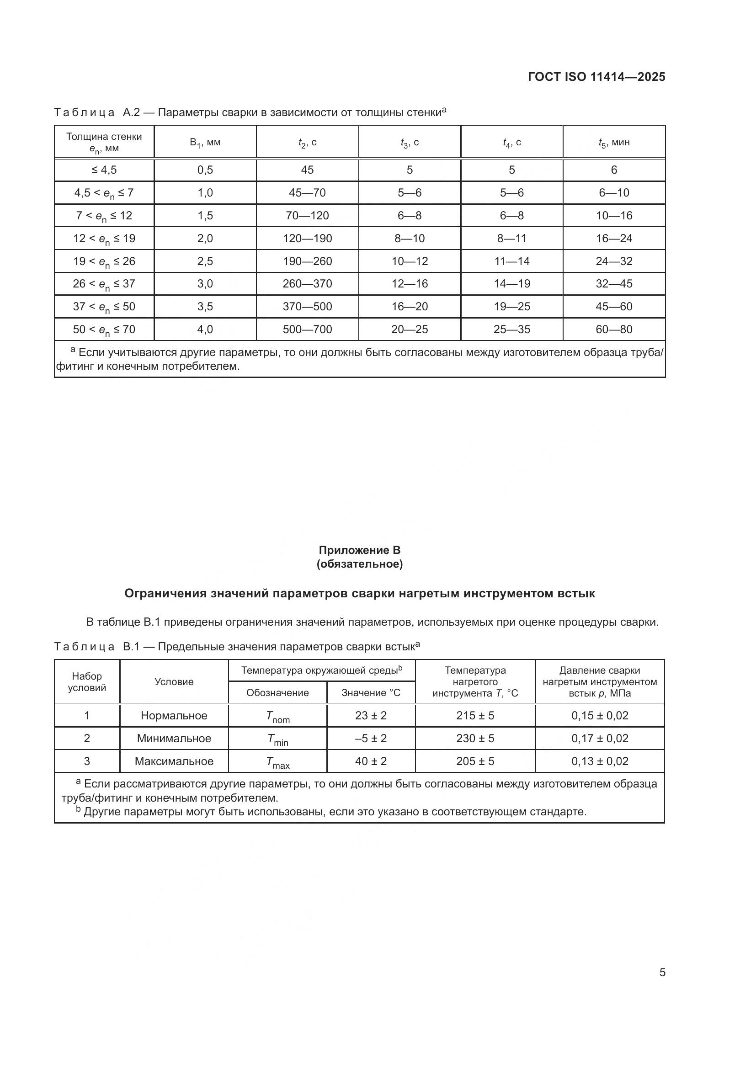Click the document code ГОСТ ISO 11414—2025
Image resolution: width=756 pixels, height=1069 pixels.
pyautogui.click(x=596, y=77)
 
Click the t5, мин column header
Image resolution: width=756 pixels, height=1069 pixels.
pyautogui.click(x=613, y=143)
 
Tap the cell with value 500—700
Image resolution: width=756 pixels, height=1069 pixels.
pyautogui.click(x=307, y=330)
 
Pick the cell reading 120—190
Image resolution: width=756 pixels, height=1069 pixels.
pyautogui.click(x=307, y=239)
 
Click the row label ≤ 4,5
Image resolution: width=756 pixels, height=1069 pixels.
pyautogui.click(x=104, y=170)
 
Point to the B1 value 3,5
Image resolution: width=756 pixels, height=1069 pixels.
pyautogui.click(x=205, y=307)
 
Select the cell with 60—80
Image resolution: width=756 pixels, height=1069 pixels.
pyautogui.click(x=613, y=330)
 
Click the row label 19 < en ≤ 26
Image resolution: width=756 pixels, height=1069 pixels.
pyautogui.click(x=104, y=262)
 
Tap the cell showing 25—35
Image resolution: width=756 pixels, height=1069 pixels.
pyautogui.click(x=511, y=330)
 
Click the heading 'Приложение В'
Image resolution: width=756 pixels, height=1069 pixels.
pyautogui.click(x=359, y=550)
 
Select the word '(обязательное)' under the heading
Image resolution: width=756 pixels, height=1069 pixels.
pyautogui.click(x=359, y=564)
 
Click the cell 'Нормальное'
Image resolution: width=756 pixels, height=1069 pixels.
pyautogui.click(x=174, y=716)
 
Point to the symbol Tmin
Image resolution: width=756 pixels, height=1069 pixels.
pyautogui.click(x=277, y=739)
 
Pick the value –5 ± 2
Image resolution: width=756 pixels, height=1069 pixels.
pyautogui.click(x=371, y=739)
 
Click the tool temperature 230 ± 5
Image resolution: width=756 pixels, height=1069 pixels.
pyautogui.click(x=475, y=739)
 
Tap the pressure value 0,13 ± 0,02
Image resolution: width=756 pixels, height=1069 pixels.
pyautogui.click(x=600, y=761)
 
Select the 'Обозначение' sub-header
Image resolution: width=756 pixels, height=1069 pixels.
pyautogui.click(x=277, y=693)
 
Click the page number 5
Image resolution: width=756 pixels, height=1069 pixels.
pyautogui.click(x=662, y=973)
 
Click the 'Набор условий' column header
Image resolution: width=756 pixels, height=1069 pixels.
pyautogui.click(x=86, y=681)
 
